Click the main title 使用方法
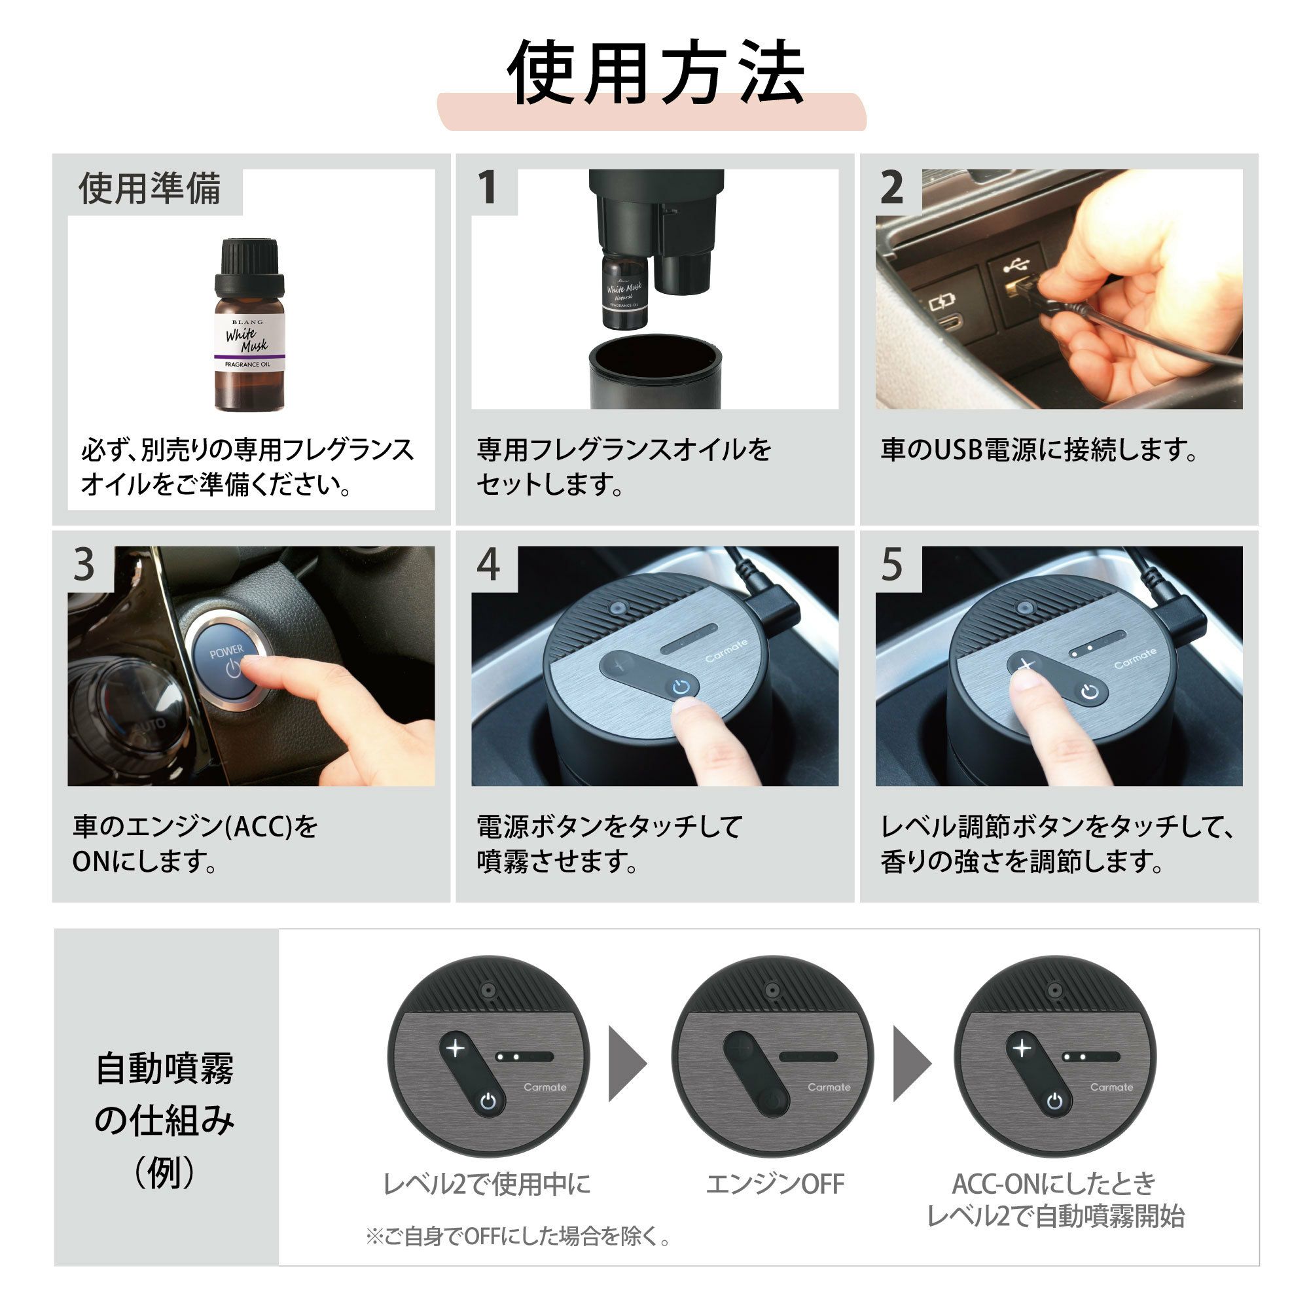(x=655, y=73)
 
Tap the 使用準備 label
(x=150, y=188)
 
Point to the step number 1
(x=488, y=188)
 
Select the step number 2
(x=891, y=188)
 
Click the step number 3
(x=84, y=564)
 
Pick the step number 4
(x=488, y=564)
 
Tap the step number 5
(x=891, y=564)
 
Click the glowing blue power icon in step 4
(x=681, y=689)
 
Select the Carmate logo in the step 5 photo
(x=1135, y=658)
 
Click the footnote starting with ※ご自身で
(x=518, y=1237)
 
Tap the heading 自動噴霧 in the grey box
(x=165, y=1069)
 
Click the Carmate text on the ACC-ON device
(x=1111, y=1087)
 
